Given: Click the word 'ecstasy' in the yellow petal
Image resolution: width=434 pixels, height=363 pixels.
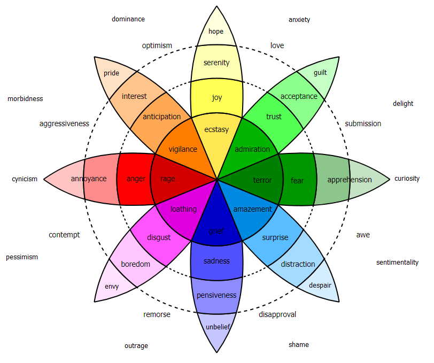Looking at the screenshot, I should [216, 129].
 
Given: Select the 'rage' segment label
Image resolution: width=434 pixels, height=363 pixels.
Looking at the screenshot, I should [167, 179].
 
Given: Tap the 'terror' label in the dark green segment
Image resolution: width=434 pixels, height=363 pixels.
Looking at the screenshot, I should [262, 181].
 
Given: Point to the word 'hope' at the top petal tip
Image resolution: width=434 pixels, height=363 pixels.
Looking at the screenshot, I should [216, 32].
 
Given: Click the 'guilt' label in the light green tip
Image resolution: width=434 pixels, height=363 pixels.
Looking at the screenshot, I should [320, 73].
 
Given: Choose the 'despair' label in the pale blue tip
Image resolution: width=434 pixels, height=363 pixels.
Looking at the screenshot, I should [320, 285].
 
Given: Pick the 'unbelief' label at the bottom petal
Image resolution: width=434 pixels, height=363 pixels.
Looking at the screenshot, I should [216, 327].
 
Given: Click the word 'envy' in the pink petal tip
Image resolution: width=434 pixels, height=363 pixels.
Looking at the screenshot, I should [112, 287].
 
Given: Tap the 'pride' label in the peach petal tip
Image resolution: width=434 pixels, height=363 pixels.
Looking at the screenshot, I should [112, 73].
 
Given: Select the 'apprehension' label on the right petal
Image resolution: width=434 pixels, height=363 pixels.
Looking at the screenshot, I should [350, 180].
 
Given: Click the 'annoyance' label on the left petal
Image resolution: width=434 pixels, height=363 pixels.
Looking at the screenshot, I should [89, 179].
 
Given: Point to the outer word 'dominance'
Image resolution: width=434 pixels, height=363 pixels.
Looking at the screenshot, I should [128, 19].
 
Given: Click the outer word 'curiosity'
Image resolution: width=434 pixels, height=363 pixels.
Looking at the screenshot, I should [407, 179].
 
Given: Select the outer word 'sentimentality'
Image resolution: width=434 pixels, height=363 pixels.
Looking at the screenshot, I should [397, 262].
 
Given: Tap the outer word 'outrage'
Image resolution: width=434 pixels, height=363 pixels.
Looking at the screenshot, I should [136, 346].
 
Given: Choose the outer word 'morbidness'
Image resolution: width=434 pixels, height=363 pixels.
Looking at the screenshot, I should [25, 99].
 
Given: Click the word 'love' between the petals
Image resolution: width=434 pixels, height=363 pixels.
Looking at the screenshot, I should [277, 45].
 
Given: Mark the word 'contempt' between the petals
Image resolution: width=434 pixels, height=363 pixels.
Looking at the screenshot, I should [64, 235].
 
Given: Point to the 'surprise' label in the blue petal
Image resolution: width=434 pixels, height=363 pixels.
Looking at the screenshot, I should [275, 237].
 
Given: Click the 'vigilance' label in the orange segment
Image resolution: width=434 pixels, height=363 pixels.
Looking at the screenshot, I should [183, 150].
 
